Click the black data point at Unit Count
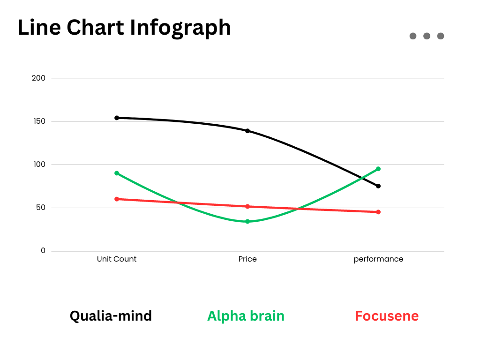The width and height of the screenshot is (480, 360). (x=117, y=118)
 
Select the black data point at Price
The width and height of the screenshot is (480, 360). (x=247, y=131)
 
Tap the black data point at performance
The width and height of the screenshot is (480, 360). (x=378, y=186)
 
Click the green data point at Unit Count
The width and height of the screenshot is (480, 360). (x=117, y=173)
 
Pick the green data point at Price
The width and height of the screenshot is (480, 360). (x=247, y=221)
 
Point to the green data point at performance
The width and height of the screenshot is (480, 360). (x=378, y=169)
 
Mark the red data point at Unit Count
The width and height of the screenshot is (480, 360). (x=117, y=199)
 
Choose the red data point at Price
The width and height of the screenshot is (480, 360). (x=247, y=206)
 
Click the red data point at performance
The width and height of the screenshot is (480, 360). (x=378, y=212)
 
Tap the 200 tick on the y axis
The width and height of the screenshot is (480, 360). (x=38, y=78)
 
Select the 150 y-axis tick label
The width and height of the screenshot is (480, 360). (x=39, y=121)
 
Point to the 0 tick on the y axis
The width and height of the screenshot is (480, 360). (x=43, y=251)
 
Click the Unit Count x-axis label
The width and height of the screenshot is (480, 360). (x=117, y=259)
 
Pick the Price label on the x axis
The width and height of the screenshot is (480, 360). (x=247, y=259)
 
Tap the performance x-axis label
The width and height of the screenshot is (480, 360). (x=378, y=259)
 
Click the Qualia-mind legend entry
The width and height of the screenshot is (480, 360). (x=111, y=316)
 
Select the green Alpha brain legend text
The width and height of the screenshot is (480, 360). (x=246, y=316)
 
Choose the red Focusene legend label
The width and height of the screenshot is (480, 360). (x=387, y=316)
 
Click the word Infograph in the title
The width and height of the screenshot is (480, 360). (x=180, y=28)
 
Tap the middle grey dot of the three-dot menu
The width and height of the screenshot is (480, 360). (x=427, y=36)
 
